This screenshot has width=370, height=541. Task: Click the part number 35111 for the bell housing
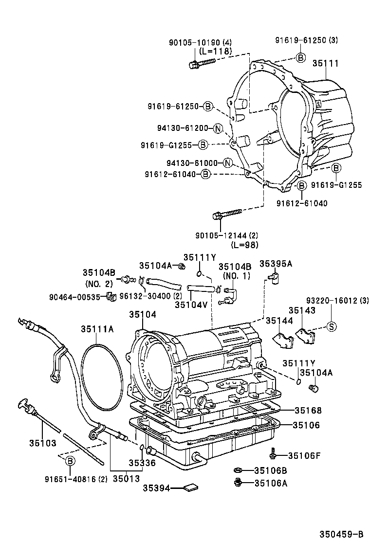pos(325,64)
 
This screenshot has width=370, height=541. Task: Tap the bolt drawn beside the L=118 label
pos(201,63)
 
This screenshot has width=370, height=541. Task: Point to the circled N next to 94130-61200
pos(217,128)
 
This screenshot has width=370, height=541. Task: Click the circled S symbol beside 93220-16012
pos(331,326)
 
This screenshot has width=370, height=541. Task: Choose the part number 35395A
pos(276,263)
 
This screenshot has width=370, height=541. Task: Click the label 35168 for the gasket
pos(308,411)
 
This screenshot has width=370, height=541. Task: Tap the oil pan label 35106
pos(306,425)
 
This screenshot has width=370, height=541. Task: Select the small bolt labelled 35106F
pos(274,455)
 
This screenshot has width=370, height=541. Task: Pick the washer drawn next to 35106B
pos(238,470)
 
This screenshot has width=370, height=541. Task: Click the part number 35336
pos(142,463)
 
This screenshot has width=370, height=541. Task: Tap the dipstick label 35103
pos(42,443)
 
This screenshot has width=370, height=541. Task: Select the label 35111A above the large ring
pos(97,329)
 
